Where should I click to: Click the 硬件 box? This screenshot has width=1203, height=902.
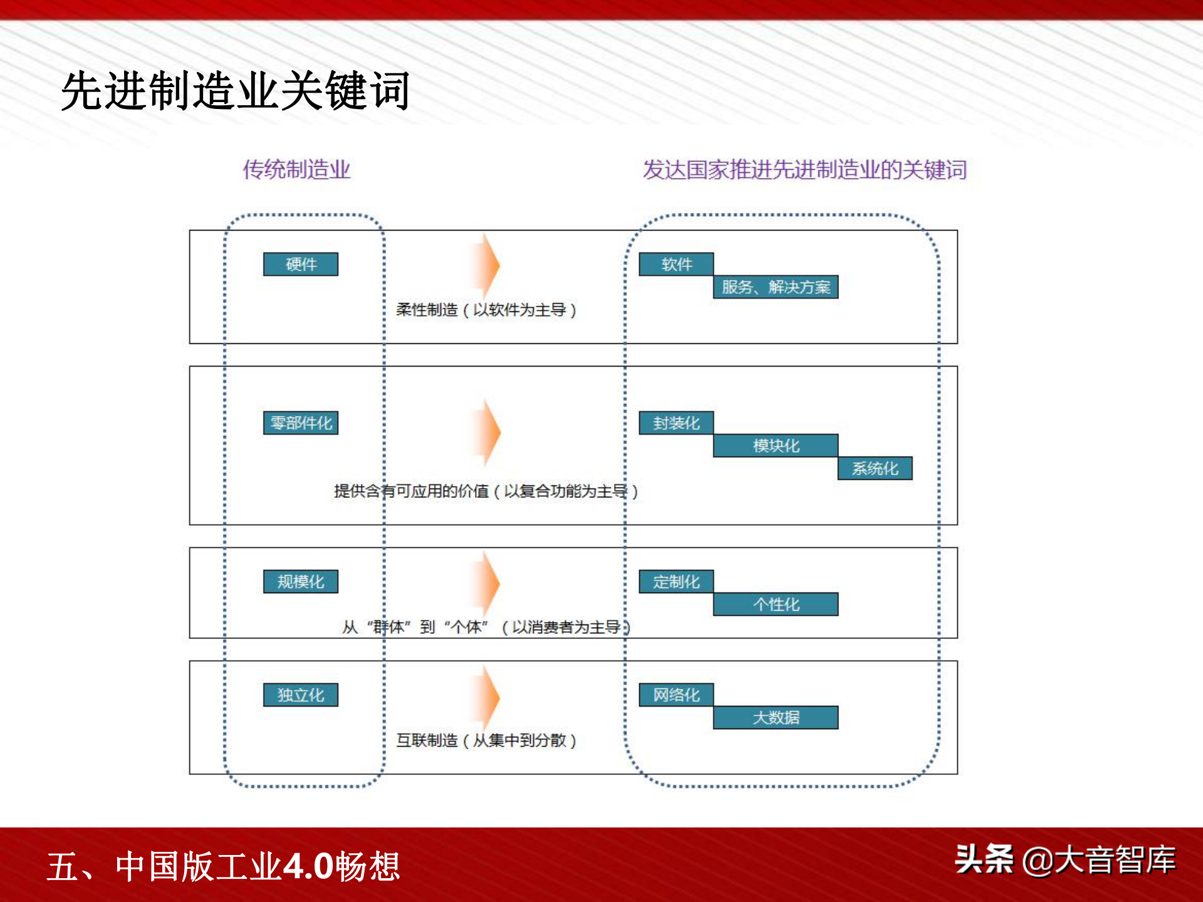coord(301,264)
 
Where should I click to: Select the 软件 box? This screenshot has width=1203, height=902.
coord(676,264)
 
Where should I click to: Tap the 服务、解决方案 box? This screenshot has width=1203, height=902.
coord(776,287)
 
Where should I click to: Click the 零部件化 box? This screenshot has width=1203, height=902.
coord(301,423)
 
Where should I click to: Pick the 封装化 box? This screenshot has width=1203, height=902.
coord(676,423)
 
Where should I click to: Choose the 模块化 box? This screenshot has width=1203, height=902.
coord(776,445)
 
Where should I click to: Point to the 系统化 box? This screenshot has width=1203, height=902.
coord(875,468)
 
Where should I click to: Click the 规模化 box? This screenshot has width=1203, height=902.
coord(301,581)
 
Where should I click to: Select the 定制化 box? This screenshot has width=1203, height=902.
coord(676,581)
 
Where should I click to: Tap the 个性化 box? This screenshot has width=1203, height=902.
coord(776,604)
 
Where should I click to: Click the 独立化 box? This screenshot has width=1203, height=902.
coord(301,695)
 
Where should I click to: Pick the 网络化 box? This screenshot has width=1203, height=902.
coord(676,695)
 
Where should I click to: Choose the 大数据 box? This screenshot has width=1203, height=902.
coord(776,717)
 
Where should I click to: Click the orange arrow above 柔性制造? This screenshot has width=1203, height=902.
coord(486,266)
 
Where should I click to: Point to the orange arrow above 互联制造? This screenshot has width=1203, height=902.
coord(486,697)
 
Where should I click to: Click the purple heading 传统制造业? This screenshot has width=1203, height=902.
coord(296,169)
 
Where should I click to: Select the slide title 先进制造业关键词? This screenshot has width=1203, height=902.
coord(236,91)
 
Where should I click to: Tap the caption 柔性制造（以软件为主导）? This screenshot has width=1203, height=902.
coord(486,309)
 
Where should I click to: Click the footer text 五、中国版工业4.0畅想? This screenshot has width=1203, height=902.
coord(224,866)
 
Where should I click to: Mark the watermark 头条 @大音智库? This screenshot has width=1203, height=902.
coord(1065,859)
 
